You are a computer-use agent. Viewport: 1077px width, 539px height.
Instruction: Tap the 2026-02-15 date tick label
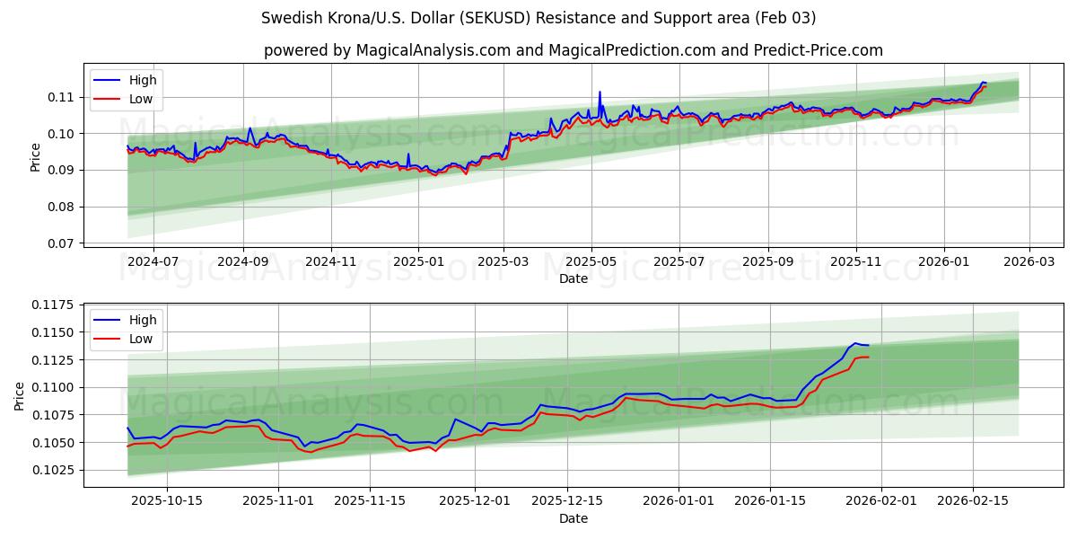[974, 499]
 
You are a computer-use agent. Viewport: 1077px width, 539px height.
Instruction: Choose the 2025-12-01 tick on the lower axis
[475, 499]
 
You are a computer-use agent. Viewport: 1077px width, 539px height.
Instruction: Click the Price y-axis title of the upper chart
[36, 156]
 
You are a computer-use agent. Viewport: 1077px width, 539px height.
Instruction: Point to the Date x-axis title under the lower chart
[574, 518]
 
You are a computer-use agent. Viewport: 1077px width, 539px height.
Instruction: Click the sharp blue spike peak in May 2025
[600, 92]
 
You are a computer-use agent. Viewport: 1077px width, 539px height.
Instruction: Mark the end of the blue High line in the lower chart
[868, 345]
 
